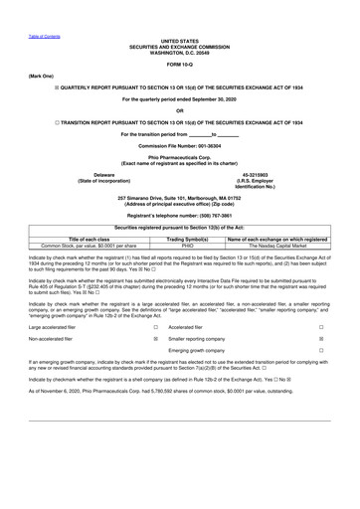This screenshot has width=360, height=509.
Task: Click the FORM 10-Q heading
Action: [x=180, y=65]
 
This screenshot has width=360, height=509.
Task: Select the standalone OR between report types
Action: [x=180, y=110]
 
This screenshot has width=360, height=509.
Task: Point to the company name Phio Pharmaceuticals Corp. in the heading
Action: [x=180, y=157]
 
